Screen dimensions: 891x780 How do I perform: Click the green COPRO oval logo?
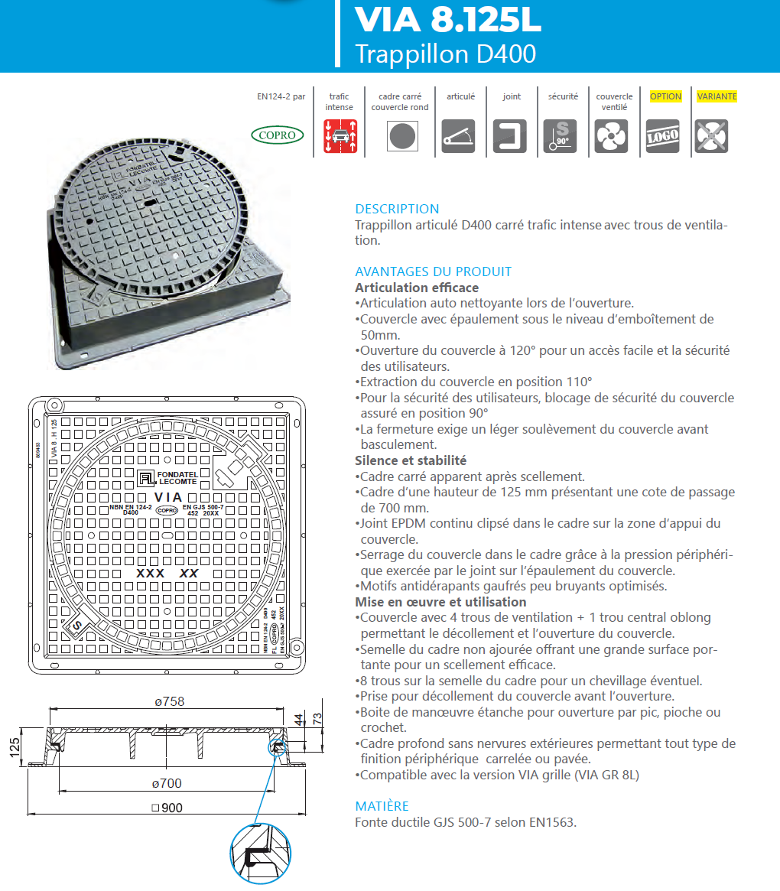pyautogui.click(x=278, y=135)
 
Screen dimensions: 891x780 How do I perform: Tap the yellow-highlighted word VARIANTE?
pyautogui.click(x=717, y=96)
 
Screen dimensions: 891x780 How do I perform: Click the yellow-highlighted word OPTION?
pyautogui.click(x=665, y=96)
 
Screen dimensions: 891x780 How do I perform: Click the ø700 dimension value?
pyautogui.click(x=166, y=783)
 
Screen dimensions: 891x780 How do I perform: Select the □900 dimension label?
pyautogui.click(x=167, y=808)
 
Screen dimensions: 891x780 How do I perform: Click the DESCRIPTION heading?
pyautogui.click(x=397, y=209)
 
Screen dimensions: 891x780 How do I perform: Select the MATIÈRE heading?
pyautogui.click(x=382, y=806)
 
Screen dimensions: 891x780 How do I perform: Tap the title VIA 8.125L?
pyautogui.click(x=448, y=21)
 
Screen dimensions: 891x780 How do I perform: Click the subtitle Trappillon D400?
pyautogui.click(x=445, y=54)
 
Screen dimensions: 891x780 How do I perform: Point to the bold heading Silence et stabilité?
pyautogui.click(x=411, y=460)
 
